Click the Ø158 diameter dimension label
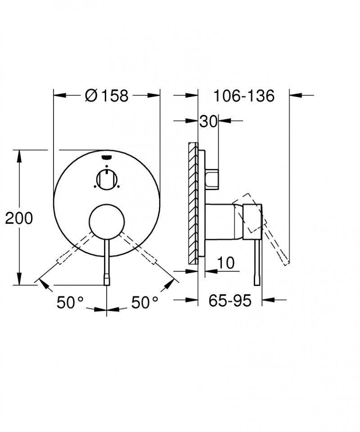pyautogui.click(x=107, y=95)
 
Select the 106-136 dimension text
pyautogui.click(x=243, y=95)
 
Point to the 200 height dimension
pyautogui.click(x=19, y=218)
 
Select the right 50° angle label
pyautogui.click(x=145, y=303)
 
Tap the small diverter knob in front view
pyautogui.click(x=107, y=179)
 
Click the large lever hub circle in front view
pyautogui.click(x=107, y=221)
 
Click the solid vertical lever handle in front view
pyautogui.click(x=107, y=261)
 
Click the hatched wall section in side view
pyautogui.click(x=193, y=203)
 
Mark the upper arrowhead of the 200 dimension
pyautogui.click(x=19, y=155)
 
